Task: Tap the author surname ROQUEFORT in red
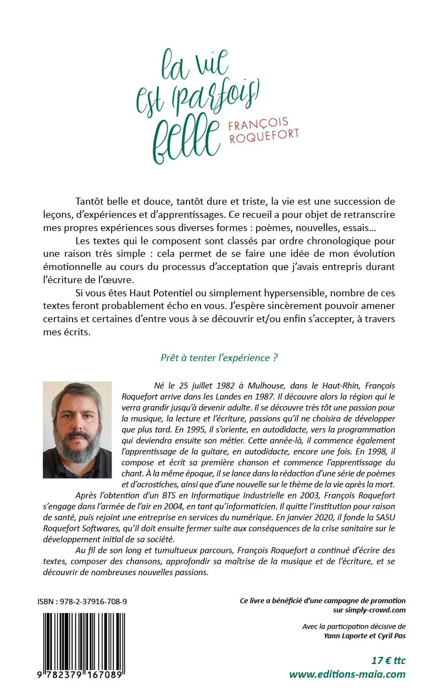click(x=264, y=136)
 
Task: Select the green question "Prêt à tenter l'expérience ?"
click(x=219, y=358)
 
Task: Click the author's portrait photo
click(x=77, y=430)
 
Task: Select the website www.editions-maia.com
click(x=347, y=674)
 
